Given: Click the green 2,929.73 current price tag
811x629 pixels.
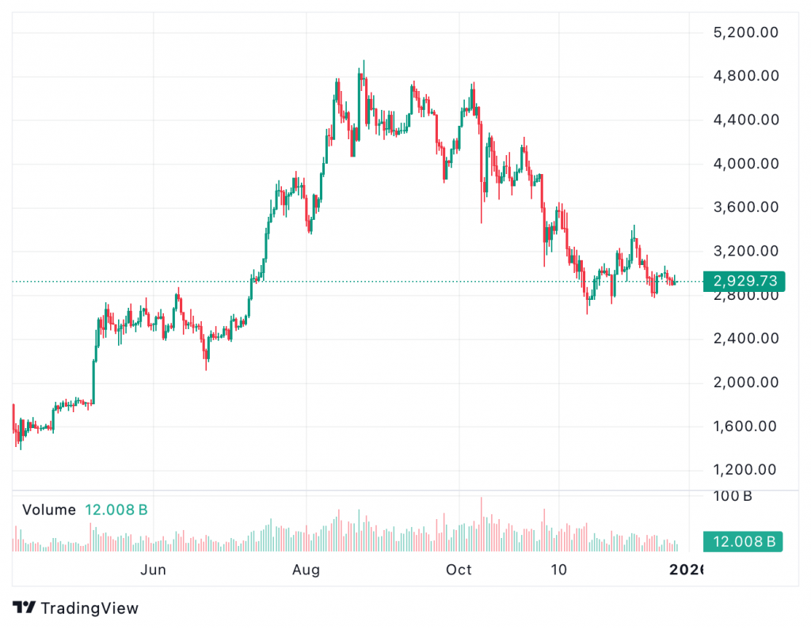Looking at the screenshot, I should point(744,281).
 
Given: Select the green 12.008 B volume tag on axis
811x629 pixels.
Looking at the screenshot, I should point(744,541).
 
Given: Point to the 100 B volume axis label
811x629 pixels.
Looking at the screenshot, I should point(732,497).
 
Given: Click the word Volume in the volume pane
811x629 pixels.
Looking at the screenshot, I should point(49,510).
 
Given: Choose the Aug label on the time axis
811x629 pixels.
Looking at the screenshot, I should point(306,570).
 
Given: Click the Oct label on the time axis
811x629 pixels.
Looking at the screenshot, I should point(459,570).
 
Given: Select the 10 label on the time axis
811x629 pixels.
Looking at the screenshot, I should point(559,570).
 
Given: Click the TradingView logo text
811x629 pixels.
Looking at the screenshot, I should point(89,608).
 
